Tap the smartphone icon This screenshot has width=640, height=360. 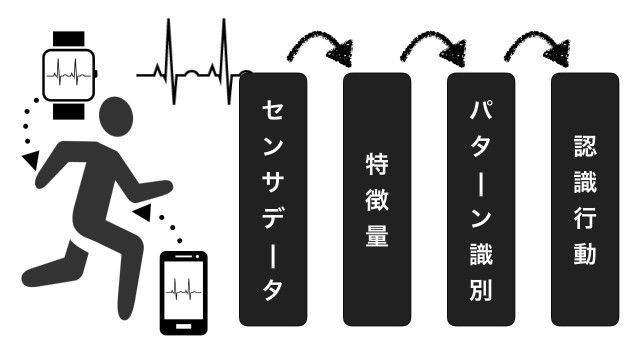pos(184,292)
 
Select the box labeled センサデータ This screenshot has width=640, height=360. pos(274,198)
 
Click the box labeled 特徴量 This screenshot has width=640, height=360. pos(377,198)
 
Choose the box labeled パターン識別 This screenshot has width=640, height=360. pos(481,198)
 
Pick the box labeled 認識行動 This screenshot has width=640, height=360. pos(585,198)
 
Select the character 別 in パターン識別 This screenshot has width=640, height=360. pos(481,291)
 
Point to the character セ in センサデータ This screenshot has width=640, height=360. pos(274,108)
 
